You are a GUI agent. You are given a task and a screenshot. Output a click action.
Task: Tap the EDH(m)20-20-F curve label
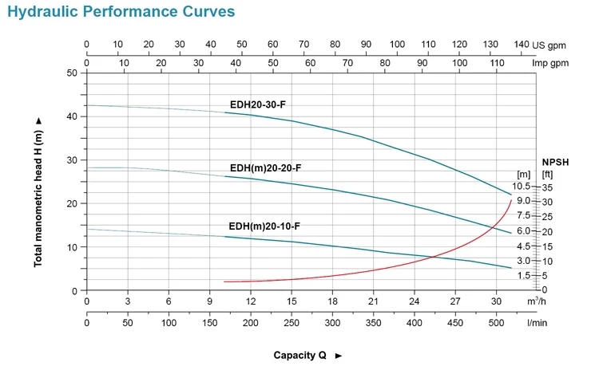[265, 167]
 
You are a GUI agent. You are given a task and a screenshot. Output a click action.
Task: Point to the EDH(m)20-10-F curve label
[264, 226]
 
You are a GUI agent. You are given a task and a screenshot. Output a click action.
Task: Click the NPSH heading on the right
[554, 160]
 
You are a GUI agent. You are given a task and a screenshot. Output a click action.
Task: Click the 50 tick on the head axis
[73, 73]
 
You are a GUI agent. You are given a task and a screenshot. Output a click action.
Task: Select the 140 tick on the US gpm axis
[522, 45]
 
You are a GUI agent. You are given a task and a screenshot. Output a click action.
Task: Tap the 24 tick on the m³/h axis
[414, 301]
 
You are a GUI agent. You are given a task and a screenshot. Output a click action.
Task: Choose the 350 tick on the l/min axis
[373, 323]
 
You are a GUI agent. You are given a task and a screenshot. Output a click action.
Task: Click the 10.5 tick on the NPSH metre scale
[522, 186]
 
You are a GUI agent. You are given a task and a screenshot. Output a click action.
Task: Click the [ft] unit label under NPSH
[547, 173]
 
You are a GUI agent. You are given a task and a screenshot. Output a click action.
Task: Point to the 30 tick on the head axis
[73, 160]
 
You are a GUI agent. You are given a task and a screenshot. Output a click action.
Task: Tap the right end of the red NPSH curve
[511, 199]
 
